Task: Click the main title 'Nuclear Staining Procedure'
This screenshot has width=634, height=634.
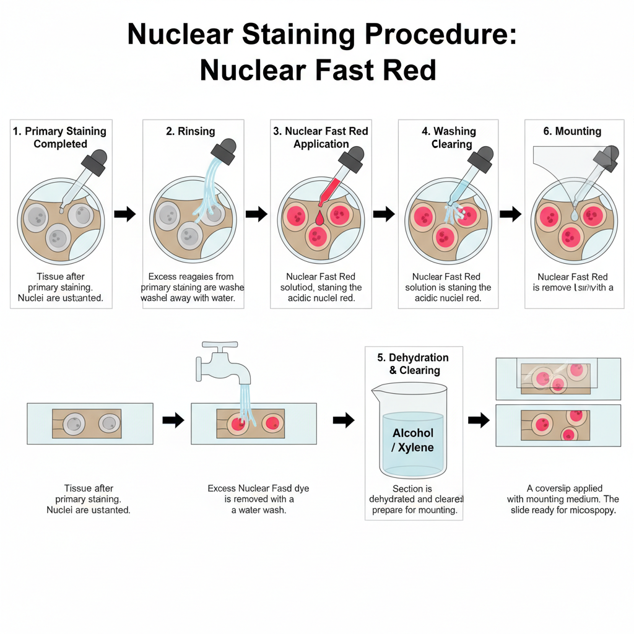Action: pyautogui.click(x=321, y=35)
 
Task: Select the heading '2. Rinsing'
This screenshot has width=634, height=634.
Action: pyautogui.click(x=190, y=131)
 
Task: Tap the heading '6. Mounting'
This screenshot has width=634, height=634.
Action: pyautogui.click(x=569, y=131)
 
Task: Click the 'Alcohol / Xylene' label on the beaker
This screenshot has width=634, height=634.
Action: pyautogui.click(x=413, y=440)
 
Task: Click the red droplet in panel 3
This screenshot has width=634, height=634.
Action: pyautogui.click(x=319, y=218)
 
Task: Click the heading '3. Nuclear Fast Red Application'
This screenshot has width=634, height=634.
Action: pyautogui.click(x=321, y=137)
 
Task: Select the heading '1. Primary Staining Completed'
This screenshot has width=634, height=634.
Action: pyautogui.click(x=60, y=137)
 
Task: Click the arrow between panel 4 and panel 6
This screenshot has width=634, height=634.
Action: pyautogui.click(x=511, y=214)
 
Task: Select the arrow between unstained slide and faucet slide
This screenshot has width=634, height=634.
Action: pyautogui.click(x=173, y=420)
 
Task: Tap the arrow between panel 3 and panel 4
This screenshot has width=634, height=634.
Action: pyautogui.click(x=383, y=214)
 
